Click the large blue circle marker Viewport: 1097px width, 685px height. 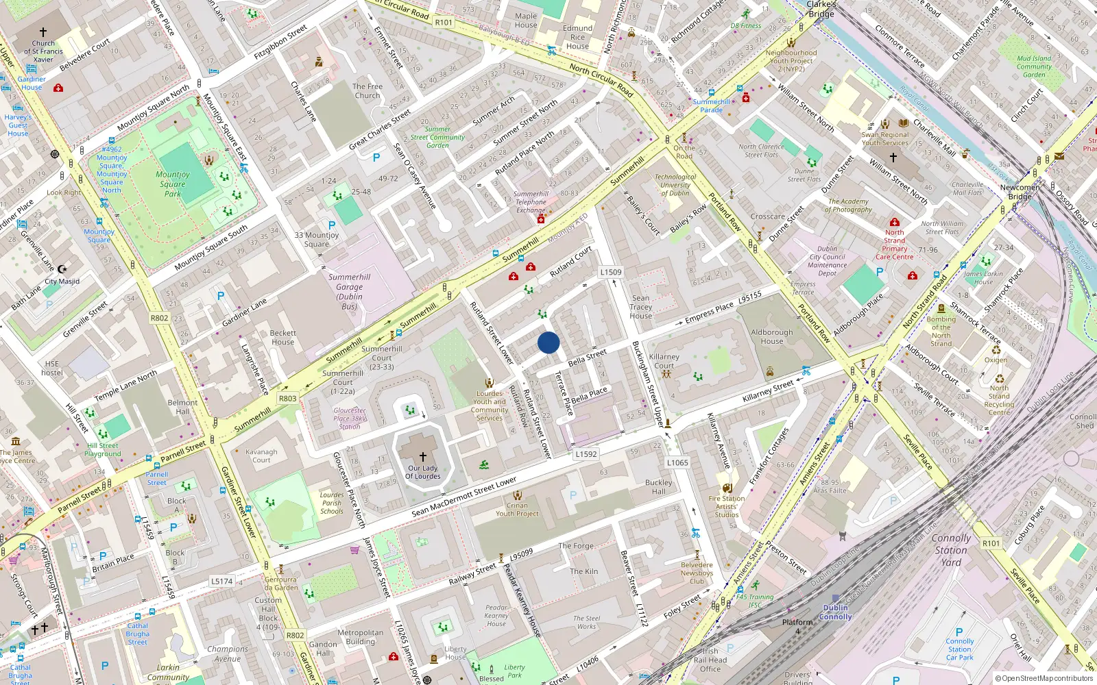click(x=548, y=342)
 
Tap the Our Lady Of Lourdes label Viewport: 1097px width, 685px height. click(x=422, y=472)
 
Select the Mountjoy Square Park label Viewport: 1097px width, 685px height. click(x=173, y=184)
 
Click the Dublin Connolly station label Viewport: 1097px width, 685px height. click(x=835, y=612)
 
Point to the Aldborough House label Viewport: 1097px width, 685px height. click(x=771, y=336)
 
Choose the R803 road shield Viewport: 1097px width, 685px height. click(x=288, y=398)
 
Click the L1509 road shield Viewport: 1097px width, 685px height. click(x=611, y=272)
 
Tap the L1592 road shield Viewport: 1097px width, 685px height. click(x=586, y=453)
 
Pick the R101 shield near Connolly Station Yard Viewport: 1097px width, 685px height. click(x=991, y=543)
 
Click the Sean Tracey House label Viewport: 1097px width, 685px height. click(x=641, y=307)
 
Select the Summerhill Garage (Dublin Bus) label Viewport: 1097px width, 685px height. click(x=350, y=292)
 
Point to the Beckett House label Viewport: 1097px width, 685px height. click(x=282, y=337)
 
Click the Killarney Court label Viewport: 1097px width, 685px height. click(x=664, y=361)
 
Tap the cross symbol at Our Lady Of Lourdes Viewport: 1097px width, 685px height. click(x=423, y=457)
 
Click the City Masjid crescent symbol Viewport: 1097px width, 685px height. click(x=62, y=269)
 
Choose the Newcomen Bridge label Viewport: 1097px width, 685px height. click(x=1020, y=192)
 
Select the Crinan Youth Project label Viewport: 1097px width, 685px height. click(x=517, y=509)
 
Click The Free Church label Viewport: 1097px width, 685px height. click(x=367, y=91)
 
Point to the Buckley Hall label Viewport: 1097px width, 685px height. click(x=659, y=487)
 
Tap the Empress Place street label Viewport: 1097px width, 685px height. click(x=709, y=312)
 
